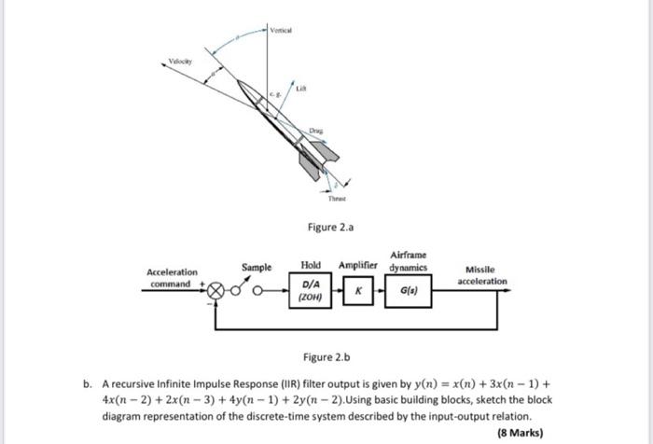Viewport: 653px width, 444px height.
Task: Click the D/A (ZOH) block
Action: click(x=313, y=291)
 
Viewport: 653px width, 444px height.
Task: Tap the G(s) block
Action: click(x=407, y=290)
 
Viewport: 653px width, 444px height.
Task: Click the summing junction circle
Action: click(x=216, y=290)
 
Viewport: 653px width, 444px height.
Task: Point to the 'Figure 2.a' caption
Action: click(x=331, y=226)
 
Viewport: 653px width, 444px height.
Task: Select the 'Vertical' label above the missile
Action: click(x=281, y=30)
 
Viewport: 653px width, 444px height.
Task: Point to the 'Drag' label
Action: click(x=319, y=134)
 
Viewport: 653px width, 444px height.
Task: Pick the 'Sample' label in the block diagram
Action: click(x=257, y=268)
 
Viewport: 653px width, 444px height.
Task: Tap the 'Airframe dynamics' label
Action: click(x=409, y=260)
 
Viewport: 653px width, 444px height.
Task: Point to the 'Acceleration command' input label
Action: click(x=172, y=278)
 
